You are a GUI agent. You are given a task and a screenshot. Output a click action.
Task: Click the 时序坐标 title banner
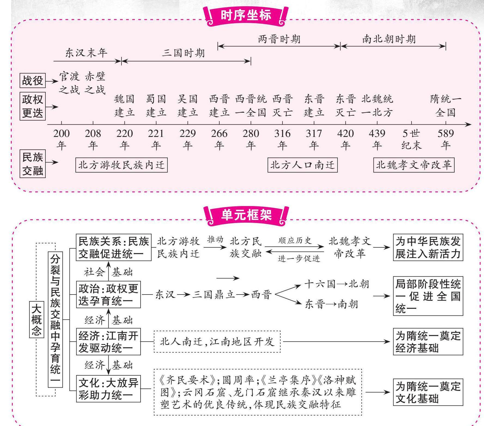(x=246, y=16)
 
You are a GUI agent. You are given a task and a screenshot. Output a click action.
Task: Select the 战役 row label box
(x=32, y=80)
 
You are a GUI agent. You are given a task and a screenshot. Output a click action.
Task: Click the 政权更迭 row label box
(x=32, y=106)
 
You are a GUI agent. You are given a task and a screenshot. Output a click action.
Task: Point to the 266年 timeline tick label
(x=219, y=139)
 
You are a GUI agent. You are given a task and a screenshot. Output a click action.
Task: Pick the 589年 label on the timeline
(x=446, y=139)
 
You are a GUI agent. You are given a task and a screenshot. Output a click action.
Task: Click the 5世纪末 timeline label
(x=411, y=139)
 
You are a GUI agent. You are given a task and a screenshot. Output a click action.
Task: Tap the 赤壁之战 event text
(x=95, y=83)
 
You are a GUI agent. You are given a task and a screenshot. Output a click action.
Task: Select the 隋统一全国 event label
(x=446, y=106)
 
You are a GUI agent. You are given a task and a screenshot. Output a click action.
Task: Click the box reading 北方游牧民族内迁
(x=121, y=165)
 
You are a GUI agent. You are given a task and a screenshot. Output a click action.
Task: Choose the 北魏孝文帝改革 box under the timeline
(x=414, y=165)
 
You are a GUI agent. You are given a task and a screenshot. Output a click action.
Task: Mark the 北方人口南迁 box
(x=302, y=165)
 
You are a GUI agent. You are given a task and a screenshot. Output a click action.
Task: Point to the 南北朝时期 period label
(x=389, y=39)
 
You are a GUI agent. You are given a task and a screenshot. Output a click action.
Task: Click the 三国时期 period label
(x=183, y=53)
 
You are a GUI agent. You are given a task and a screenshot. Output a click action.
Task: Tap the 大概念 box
(x=36, y=319)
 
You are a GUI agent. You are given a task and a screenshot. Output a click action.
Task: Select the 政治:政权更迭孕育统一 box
(x=108, y=295)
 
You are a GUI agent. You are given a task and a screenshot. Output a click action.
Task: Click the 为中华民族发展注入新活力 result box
(x=428, y=247)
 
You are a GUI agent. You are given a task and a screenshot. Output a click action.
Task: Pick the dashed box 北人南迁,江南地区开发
(x=217, y=342)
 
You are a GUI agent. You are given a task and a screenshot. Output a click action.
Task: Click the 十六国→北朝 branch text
(x=337, y=284)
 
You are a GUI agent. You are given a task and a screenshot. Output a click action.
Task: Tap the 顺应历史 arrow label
(x=295, y=241)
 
